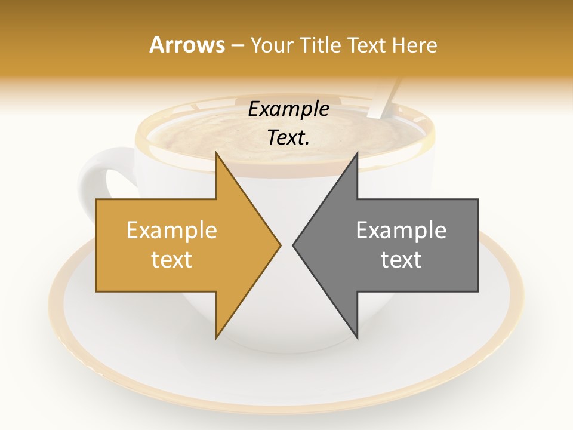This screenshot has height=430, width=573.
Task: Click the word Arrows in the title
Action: (x=187, y=45)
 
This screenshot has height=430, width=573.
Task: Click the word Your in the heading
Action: (x=272, y=45)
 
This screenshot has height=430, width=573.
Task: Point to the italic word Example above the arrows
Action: (x=288, y=109)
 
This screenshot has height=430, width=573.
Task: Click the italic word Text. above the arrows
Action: (x=288, y=138)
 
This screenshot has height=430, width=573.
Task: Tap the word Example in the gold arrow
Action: (x=172, y=231)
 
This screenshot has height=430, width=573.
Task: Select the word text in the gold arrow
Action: (x=172, y=259)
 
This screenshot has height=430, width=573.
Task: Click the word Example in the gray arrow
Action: (x=401, y=231)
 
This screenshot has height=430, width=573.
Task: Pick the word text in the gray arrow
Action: (x=401, y=259)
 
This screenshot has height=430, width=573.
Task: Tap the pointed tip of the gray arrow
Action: (x=295, y=245)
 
